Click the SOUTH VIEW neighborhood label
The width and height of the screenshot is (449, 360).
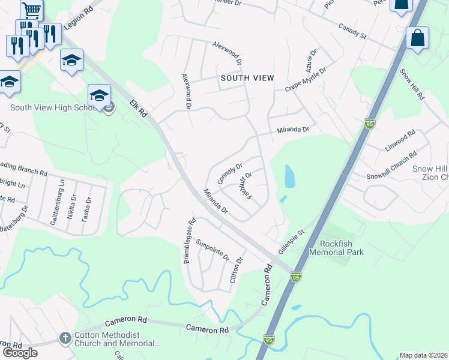[x=247, y=78]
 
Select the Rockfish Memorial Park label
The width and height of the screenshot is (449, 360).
[x=337, y=248]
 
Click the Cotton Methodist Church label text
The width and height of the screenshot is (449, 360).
[x=116, y=340]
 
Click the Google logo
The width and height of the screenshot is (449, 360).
[x=20, y=353]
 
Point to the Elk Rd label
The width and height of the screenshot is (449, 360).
[x=138, y=112]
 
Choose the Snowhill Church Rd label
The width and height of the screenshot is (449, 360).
[x=391, y=165]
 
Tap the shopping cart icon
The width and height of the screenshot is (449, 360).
[x=31, y=9]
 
